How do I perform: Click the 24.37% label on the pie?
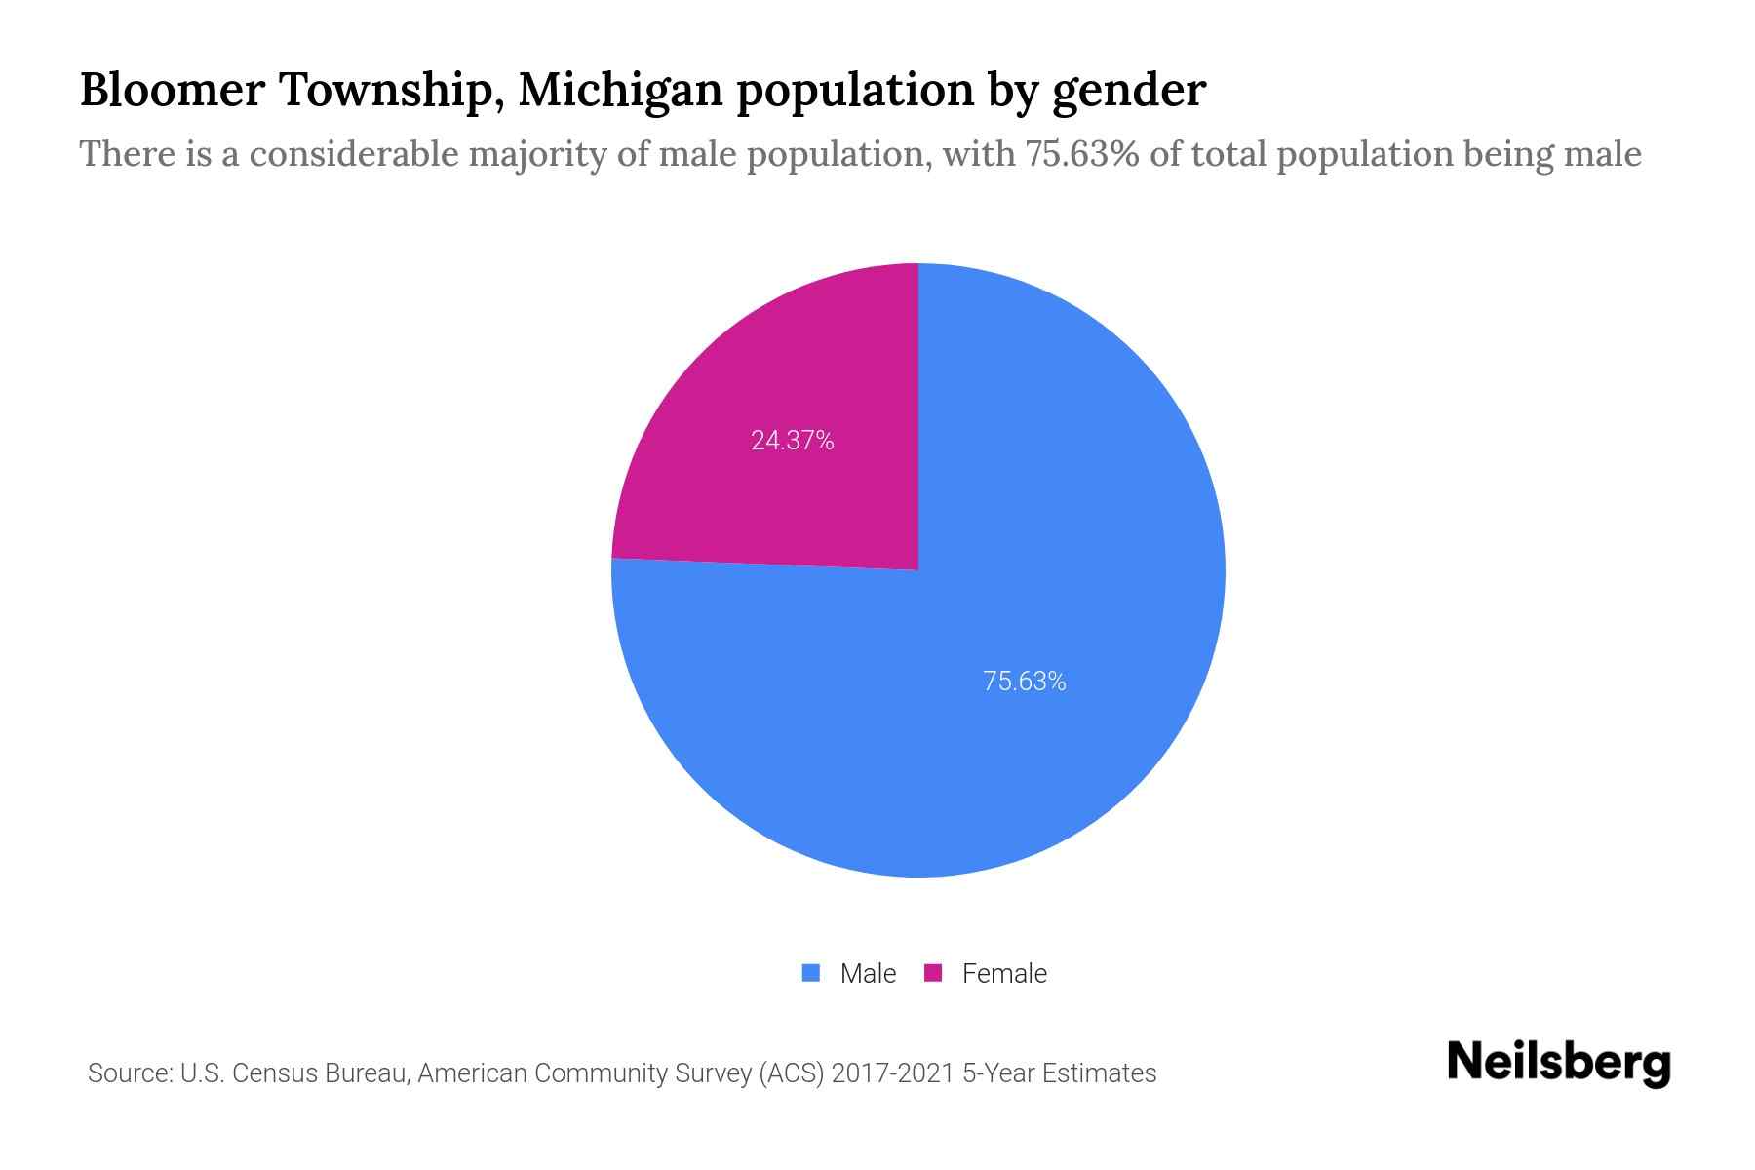pos(792,441)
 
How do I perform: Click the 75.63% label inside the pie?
pos(1024,682)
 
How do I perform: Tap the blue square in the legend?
pos(810,973)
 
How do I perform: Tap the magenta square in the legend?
pos(933,973)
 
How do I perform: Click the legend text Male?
pos(868,974)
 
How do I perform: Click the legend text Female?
pos(1004,974)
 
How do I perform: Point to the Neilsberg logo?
pos(1558,1063)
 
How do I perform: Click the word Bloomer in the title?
pos(172,90)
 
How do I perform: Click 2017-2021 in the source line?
pos(892,1073)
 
